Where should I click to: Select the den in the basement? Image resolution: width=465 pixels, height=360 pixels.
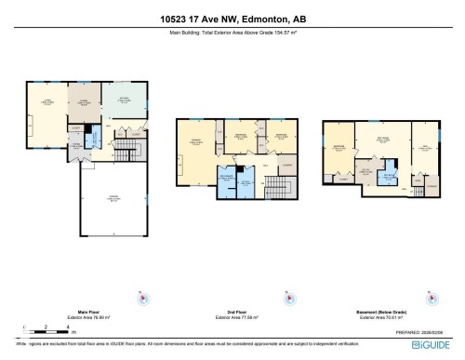[424, 149]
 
